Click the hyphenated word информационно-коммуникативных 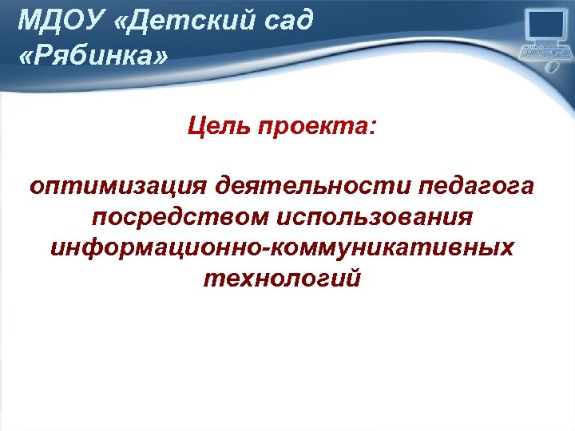[x=282, y=248]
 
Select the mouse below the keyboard [x=550, y=69]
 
